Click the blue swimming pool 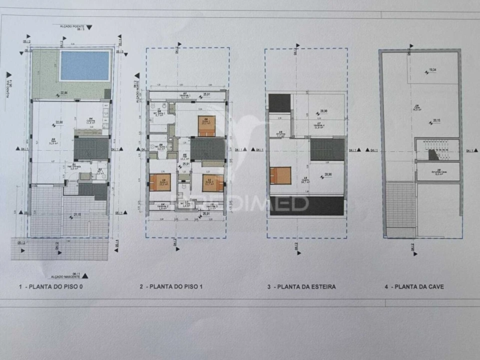85,65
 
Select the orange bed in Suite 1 206,126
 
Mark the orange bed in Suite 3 213,183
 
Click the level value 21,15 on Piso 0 77,215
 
